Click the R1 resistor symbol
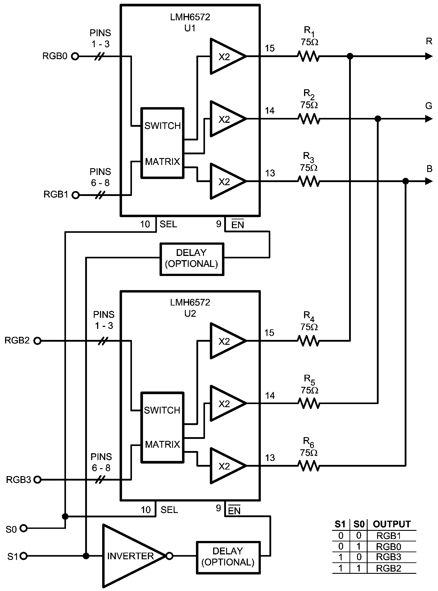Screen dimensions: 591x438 point(308,56)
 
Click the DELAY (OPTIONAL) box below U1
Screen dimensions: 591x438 point(192,259)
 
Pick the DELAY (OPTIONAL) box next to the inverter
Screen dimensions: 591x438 point(228,557)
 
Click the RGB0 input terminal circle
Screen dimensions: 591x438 point(75,56)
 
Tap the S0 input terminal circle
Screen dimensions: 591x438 point(24,528)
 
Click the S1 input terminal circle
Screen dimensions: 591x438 point(24,556)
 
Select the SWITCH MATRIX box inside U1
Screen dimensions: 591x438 point(162,143)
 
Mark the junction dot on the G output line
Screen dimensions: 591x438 point(378,119)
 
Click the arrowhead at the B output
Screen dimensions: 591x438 point(429,181)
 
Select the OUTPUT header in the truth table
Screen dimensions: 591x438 point(392,524)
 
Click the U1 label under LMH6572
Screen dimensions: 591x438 point(190,28)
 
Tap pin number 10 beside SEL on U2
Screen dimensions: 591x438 point(146,510)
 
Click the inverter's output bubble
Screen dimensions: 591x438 point(169,556)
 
